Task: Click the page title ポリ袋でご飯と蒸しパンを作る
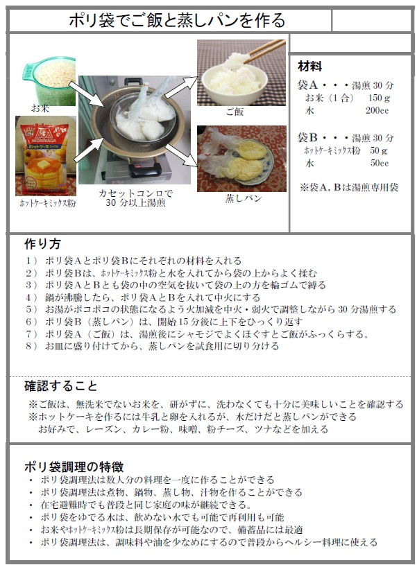point(177,20)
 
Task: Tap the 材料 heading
point(309,67)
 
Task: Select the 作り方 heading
point(42,244)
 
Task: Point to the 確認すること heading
point(60,386)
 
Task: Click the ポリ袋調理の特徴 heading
point(74,467)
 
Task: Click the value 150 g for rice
point(379,98)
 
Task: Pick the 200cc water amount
point(377,111)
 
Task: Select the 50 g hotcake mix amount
point(378,150)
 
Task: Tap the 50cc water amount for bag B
point(380,163)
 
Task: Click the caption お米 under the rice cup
point(40,108)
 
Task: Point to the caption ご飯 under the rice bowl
point(235,112)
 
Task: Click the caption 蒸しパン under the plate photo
point(244,198)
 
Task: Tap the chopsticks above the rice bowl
point(264,51)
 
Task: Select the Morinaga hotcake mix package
point(46,156)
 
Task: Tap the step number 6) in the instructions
point(31,322)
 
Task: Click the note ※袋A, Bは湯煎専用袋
point(349,187)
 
